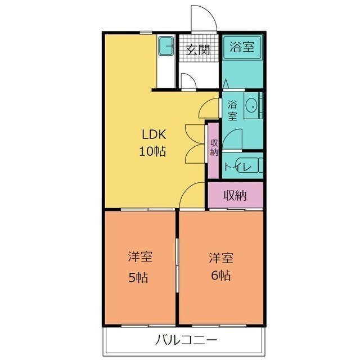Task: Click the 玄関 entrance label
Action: coord(198,49)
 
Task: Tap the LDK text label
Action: coord(154,134)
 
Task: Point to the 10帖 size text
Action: coord(152,151)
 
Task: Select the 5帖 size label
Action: coord(138,278)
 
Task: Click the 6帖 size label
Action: coord(221,275)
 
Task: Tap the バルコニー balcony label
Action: coord(186,340)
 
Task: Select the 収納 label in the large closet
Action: coord(235,196)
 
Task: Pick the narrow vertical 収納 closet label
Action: coord(214,147)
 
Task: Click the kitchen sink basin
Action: coord(166,46)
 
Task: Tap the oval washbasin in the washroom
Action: coord(251,106)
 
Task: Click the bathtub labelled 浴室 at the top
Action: coord(242,47)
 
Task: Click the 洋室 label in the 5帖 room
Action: coord(140,256)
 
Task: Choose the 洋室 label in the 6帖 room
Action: coord(221,258)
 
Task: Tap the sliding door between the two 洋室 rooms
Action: coord(177,265)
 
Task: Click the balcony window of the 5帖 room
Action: coord(148,326)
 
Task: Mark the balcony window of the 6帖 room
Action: coord(219,326)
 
